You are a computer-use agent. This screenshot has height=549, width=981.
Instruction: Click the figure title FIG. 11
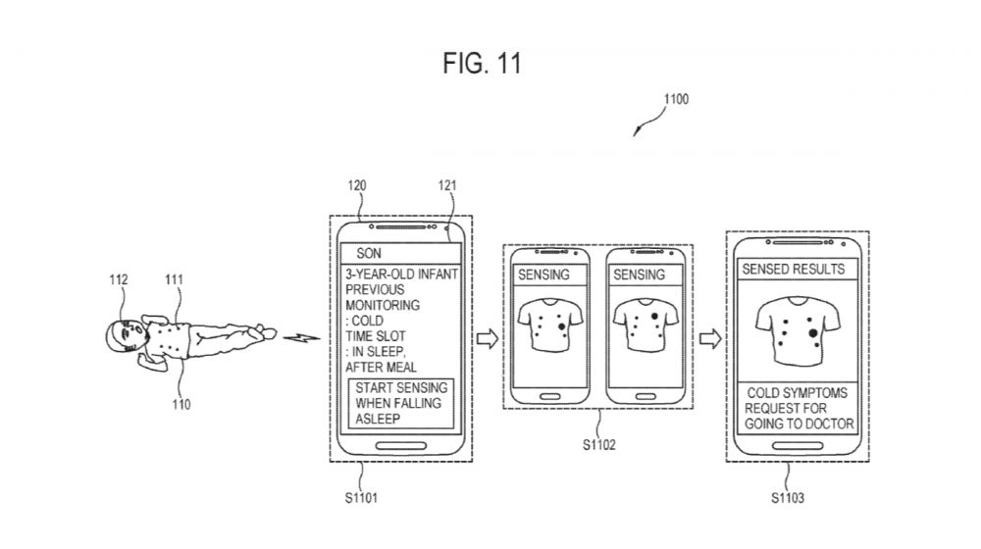pyautogui.click(x=480, y=64)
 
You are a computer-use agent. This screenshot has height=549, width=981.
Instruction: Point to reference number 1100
pyautogui.click(x=676, y=99)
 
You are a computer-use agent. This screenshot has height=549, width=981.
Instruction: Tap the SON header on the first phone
pyautogui.click(x=369, y=252)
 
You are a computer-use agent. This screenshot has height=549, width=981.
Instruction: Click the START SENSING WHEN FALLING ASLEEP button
pyautogui.click(x=397, y=403)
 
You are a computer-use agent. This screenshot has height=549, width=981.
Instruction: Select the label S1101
pyautogui.click(x=362, y=498)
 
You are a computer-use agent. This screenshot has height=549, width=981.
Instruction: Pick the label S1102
pyautogui.click(x=597, y=445)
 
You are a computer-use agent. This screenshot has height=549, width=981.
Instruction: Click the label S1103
pyautogui.click(x=788, y=498)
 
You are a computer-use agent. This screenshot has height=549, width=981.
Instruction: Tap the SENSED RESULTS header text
pyautogui.click(x=793, y=268)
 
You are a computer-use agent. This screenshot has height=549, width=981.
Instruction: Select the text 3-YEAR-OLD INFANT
pyautogui.click(x=401, y=274)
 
